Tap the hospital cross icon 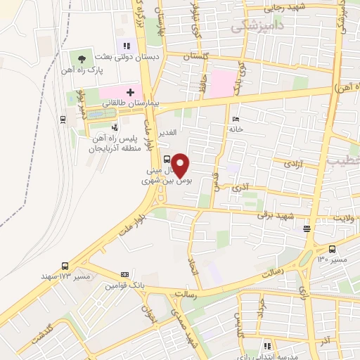[129, 92]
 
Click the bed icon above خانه [236, 119]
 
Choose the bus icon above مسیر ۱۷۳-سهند [65, 266]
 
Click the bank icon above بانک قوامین [125, 274]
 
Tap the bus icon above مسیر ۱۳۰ [332, 249]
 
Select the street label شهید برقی [272, 214]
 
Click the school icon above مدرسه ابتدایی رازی [266, 345]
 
